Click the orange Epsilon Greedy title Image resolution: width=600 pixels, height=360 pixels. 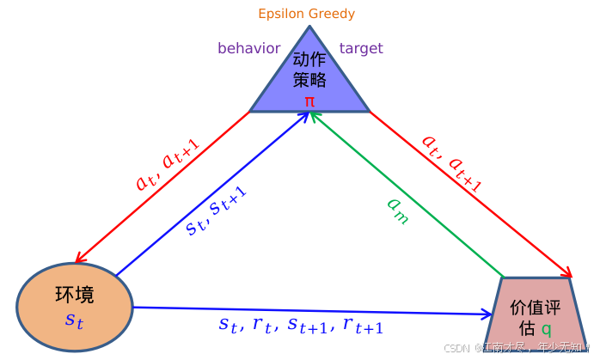306,14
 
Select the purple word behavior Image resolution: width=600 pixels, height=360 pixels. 248,48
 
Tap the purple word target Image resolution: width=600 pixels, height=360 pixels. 361,48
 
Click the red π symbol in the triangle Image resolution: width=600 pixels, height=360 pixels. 309,101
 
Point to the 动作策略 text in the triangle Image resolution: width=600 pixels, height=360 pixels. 309,70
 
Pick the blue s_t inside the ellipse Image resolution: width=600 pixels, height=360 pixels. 75,322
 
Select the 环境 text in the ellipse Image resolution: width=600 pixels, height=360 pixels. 75,295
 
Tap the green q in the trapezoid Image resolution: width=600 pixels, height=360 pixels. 546,329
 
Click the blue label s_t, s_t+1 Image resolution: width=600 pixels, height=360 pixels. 217,211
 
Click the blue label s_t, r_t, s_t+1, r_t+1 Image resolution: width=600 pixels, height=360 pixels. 301,326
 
